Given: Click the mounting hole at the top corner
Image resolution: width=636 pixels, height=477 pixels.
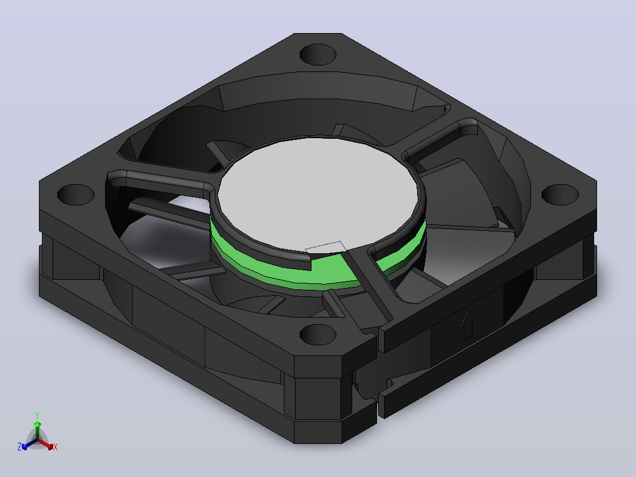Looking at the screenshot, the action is [318, 54].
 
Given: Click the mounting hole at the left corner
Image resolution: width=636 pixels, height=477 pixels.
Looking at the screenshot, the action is [76, 194].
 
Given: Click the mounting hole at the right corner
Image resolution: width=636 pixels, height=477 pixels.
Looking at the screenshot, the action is [560, 194].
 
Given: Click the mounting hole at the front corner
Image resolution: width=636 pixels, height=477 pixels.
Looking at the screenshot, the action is [318, 335].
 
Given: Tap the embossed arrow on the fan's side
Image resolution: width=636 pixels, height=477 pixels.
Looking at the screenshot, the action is [468, 325].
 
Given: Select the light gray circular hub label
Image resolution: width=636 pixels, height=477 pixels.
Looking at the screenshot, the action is [318, 194].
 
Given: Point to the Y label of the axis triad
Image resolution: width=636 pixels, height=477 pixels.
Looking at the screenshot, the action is [37, 415].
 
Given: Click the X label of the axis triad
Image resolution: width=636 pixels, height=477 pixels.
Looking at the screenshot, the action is [55, 447].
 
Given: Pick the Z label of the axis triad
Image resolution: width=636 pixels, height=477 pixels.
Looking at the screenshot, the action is [19, 447].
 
